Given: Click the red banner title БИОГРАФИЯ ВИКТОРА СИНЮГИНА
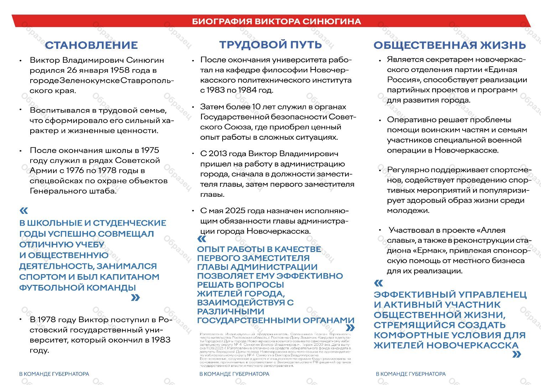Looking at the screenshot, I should tap(276, 21).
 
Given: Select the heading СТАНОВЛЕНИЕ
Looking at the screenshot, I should tap(91, 45).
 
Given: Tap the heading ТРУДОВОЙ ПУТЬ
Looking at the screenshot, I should tap(270, 45).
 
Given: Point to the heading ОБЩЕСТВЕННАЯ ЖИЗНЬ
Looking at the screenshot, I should tap(449, 45).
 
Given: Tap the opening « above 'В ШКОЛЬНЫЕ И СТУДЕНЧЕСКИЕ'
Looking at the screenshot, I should tap(24, 211).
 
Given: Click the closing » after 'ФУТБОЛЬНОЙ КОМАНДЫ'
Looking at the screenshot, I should tap(135, 298).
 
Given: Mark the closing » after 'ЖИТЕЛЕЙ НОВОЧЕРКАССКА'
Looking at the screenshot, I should tap(516, 354).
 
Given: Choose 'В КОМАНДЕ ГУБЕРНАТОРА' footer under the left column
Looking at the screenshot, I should tap(54, 374).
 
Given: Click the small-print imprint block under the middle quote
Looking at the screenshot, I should tap(275, 350).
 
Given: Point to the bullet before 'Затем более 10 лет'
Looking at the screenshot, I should tap(193, 107).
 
